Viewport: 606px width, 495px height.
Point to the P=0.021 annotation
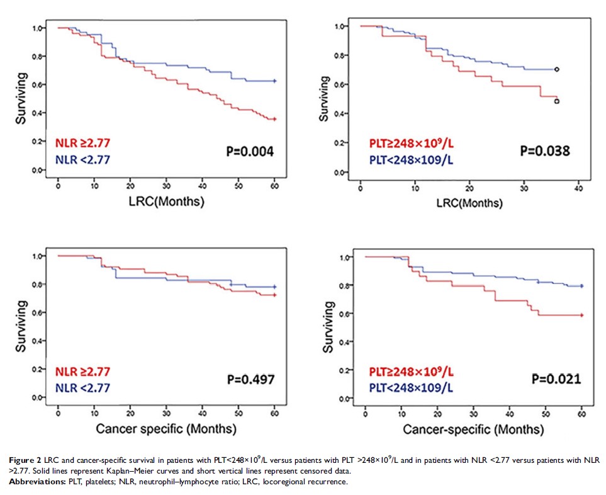pos(554,379)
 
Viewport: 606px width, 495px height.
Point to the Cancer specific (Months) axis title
pos(166,430)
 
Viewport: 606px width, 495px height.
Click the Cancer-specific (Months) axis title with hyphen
pos(473,431)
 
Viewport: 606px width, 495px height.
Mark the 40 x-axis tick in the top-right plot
pos(578,188)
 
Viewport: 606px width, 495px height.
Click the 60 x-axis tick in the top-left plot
pos(275,186)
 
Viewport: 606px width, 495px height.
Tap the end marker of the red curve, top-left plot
pos(275,119)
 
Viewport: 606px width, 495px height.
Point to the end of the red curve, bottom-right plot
pos(582,315)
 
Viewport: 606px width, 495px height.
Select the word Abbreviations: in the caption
pos(36,481)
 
